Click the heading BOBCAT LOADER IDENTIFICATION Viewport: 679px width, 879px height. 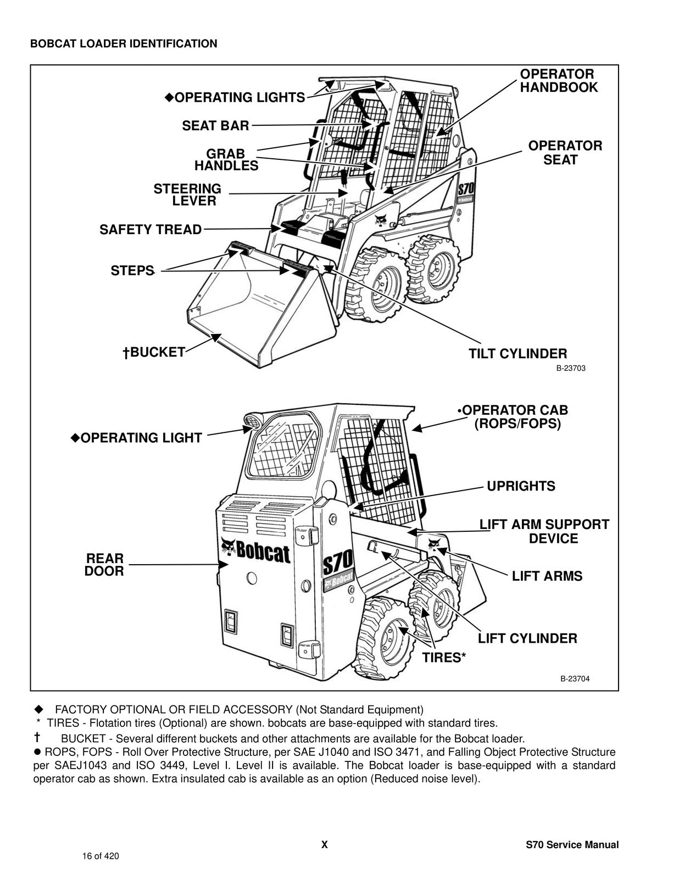pos(124,44)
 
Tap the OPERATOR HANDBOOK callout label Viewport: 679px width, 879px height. pos(558,81)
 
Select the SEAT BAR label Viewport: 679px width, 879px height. pos(215,126)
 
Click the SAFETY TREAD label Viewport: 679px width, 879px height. pos(151,230)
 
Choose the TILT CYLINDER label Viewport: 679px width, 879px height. pos(517,354)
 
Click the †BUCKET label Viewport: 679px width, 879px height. pos(154,352)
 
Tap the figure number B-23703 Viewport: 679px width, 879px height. pos(571,369)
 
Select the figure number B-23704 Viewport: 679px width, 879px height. pos(575,679)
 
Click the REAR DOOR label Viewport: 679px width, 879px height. pos(104,565)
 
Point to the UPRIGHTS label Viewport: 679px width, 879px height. pos(521,486)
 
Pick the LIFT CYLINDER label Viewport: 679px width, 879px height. pos(527,638)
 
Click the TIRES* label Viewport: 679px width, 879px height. pos(444,658)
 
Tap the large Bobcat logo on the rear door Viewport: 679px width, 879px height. pos(255,551)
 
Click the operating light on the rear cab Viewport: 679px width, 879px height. pos(254,422)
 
